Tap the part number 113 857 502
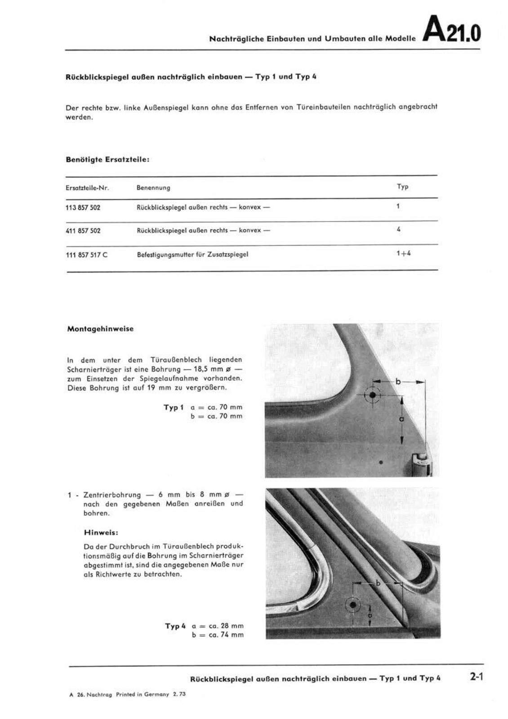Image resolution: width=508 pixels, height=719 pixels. (x=83, y=208)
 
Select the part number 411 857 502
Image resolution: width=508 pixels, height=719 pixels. (x=83, y=231)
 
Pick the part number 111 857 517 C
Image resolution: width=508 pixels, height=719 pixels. (x=87, y=255)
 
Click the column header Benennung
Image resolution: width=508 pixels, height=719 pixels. (x=153, y=188)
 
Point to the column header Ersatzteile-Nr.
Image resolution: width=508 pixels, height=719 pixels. (x=87, y=188)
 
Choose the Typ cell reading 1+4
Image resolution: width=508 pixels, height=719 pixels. (x=403, y=253)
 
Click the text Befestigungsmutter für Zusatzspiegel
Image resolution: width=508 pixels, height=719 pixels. (x=192, y=254)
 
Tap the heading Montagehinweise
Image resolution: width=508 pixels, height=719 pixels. (x=100, y=328)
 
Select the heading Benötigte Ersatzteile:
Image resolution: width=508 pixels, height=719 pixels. (x=107, y=160)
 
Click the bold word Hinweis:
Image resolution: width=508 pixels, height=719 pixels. (x=101, y=533)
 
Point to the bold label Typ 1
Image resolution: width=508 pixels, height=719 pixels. (x=174, y=407)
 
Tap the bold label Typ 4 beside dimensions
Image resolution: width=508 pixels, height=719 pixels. (x=175, y=626)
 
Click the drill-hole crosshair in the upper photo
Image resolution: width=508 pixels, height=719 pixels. (x=372, y=395)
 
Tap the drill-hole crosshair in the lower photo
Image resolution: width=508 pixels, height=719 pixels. (x=353, y=605)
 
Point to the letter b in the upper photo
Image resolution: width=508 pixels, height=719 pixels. (x=398, y=382)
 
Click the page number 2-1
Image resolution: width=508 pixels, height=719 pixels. (x=476, y=676)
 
